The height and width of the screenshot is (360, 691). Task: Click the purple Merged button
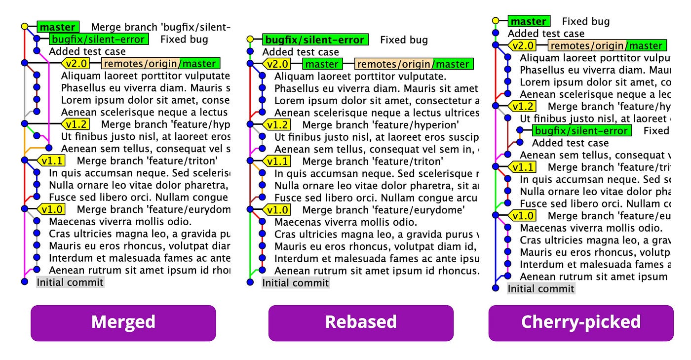pyautogui.click(x=123, y=322)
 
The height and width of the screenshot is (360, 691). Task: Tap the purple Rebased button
pyautogui.click(x=361, y=322)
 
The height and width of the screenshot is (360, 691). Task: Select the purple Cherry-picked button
pyautogui.click(x=581, y=322)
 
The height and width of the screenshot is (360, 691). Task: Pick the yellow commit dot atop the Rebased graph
pyautogui.click(x=250, y=40)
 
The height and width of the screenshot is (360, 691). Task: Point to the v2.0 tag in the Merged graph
pyautogui.click(x=78, y=63)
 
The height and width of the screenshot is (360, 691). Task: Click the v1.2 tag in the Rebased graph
pyautogui.click(x=278, y=125)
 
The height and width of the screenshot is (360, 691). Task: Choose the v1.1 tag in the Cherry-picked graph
pyautogui.click(x=523, y=167)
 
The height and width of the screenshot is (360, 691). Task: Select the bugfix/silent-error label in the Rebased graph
pyautogui.click(x=315, y=40)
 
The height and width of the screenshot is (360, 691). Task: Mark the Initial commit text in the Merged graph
pyautogui.click(x=70, y=282)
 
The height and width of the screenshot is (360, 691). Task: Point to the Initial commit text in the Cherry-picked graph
pyautogui.click(x=541, y=289)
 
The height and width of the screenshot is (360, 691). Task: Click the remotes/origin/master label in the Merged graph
pyautogui.click(x=161, y=63)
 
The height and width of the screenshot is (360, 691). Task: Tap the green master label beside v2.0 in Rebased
pyautogui.click(x=322, y=64)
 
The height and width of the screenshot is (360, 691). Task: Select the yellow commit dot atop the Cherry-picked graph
pyautogui.click(x=496, y=21)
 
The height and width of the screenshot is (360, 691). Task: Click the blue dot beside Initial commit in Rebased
pyautogui.click(x=250, y=282)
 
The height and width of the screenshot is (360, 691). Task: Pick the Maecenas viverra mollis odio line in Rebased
pyautogui.click(x=345, y=222)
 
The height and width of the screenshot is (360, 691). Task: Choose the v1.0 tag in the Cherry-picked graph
pyautogui.click(x=523, y=216)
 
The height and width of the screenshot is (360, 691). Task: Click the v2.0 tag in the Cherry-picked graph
pyautogui.click(x=523, y=46)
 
